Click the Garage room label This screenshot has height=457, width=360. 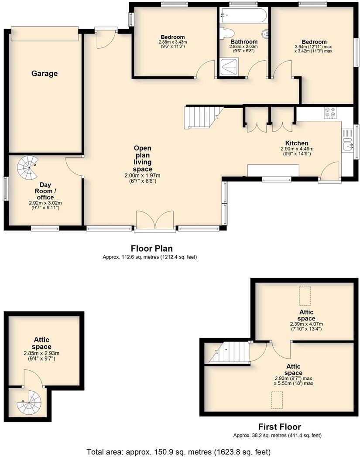coord(45,74)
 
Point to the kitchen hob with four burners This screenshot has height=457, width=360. coord(330,113)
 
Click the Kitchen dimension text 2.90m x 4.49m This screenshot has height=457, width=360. coord(297,149)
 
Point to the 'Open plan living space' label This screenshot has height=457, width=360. coord(143,159)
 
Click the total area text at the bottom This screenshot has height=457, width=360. coord(178,451)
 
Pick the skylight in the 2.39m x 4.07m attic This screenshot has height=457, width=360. coord(305,295)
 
